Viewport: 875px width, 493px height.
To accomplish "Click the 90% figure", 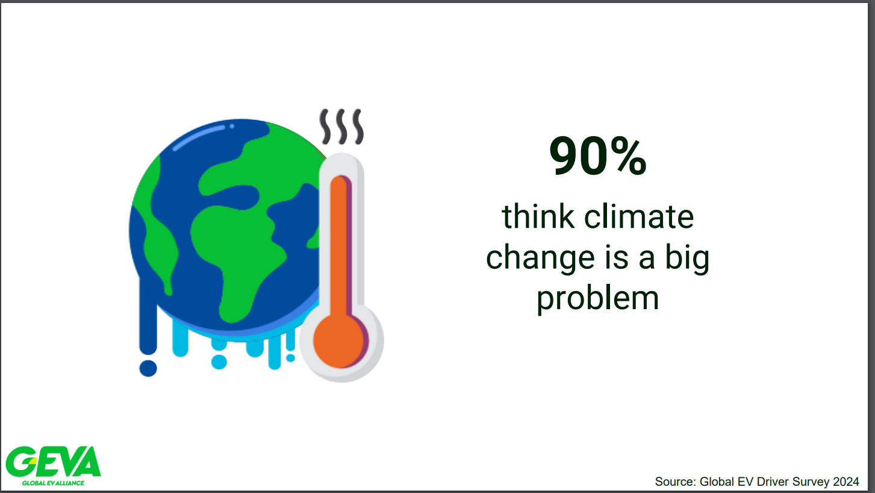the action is (x=597, y=155).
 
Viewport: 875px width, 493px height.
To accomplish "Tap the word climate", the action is (x=639, y=216).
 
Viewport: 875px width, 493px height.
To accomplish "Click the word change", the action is (x=540, y=258).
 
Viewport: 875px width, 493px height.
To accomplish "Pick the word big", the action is (x=687, y=258).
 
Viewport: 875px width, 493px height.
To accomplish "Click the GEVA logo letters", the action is (x=53, y=462).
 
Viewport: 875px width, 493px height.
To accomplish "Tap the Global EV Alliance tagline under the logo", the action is (x=53, y=483).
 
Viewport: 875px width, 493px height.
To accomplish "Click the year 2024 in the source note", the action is (x=845, y=482).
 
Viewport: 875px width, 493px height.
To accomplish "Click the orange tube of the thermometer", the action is (x=339, y=246).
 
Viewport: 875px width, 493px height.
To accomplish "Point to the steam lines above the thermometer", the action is (x=342, y=127).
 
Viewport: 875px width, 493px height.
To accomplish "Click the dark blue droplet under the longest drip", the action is (x=148, y=368).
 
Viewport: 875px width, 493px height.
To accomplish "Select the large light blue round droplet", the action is (x=219, y=362).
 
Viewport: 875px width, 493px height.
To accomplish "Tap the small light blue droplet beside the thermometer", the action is (x=290, y=358).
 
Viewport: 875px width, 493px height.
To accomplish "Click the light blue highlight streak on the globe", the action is (x=199, y=137).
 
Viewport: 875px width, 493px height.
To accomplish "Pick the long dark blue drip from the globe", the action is (x=148, y=316).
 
